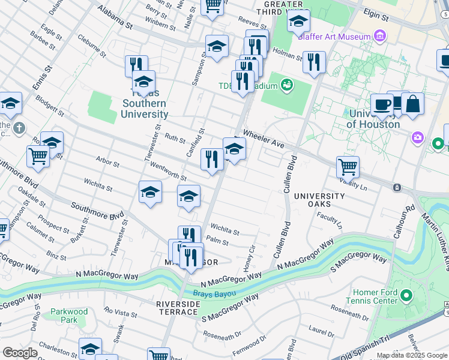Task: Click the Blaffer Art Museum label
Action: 336,37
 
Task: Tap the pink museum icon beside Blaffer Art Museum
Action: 379,37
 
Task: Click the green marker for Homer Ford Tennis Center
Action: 406,296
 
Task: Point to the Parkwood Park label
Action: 69,316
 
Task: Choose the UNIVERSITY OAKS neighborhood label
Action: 319,200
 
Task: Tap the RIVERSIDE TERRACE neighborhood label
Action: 178,308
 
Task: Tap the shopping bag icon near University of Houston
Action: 412,103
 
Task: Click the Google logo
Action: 20,353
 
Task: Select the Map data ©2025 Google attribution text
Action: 411,355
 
